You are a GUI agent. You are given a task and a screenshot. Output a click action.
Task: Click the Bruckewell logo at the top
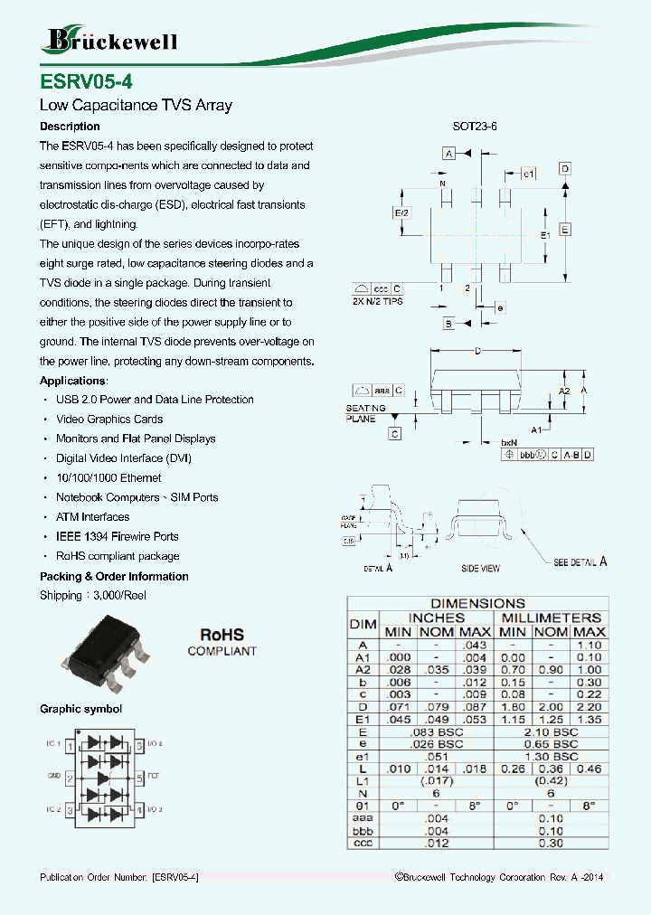[109, 39]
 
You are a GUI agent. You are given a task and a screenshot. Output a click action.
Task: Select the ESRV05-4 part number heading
[86, 81]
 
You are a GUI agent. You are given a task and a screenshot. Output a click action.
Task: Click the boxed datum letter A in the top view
[448, 155]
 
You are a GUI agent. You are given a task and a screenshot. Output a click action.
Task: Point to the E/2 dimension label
[402, 212]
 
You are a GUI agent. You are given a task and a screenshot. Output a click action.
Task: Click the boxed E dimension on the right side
[564, 230]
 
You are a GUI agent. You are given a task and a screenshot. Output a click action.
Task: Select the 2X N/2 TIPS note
[378, 302]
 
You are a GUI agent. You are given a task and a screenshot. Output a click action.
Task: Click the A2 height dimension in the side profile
[564, 391]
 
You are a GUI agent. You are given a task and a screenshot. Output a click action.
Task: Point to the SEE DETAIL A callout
[580, 562]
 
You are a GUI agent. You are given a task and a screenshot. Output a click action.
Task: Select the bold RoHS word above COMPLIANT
[222, 636]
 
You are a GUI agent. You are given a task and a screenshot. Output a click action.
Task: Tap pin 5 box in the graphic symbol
[138, 777]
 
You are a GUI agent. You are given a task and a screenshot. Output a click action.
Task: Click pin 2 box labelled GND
[71, 777]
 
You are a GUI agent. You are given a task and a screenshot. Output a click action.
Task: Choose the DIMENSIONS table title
[477, 603]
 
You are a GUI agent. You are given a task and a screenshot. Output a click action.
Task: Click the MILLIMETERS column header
[552, 617]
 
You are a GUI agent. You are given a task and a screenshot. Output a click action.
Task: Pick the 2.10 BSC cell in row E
[552, 731]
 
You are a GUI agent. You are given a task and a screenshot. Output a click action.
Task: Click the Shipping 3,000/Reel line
[93, 595]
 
